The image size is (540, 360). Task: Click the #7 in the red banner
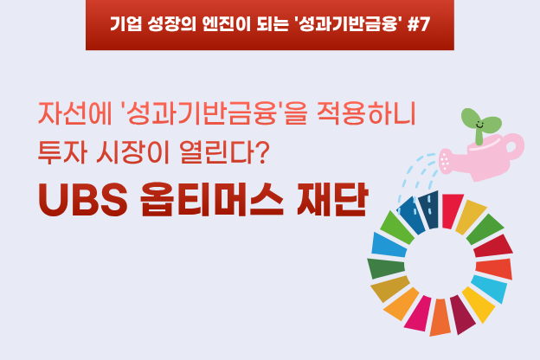[x=419, y=24]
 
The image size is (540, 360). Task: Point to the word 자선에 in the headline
[x=74, y=113]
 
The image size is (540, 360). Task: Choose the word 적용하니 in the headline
[x=366, y=113]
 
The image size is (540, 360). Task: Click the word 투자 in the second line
[x=62, y=152]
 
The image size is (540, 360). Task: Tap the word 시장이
[x=133, y=152]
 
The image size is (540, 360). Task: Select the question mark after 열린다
[x=262, y=152]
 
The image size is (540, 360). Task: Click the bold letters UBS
[x=83, y=200]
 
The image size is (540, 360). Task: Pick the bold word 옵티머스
[x=212, y=199]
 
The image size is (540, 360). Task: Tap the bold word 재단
[x=331, y=199]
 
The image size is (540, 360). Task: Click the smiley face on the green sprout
[x=479, y=125]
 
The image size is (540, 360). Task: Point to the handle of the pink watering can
[x=515, y=145]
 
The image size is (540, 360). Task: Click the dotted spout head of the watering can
[x=446, y=161]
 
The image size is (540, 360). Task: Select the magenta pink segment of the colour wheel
[x=418, y=313]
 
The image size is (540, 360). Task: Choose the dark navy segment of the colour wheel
[x=429, y=209]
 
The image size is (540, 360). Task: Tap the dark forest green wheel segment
[x=386, y=267]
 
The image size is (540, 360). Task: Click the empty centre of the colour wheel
[x=440, y=265]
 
